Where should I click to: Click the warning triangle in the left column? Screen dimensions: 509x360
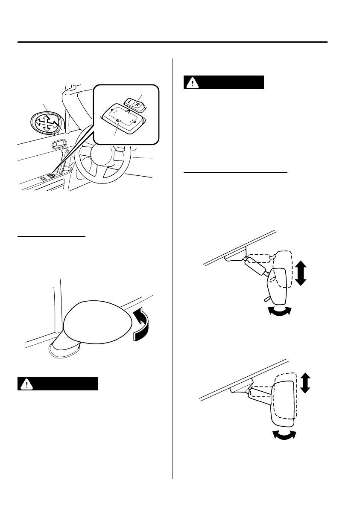pyautogui.click(x=27, y=384)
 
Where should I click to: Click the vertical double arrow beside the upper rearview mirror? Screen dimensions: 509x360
pyautogui.click(x=301, y=273)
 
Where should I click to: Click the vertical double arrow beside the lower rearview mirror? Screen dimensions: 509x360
pyautogui.click(x=305, y=382)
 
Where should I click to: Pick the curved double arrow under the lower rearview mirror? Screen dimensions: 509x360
pyautogui.click(x=284, y=435)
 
